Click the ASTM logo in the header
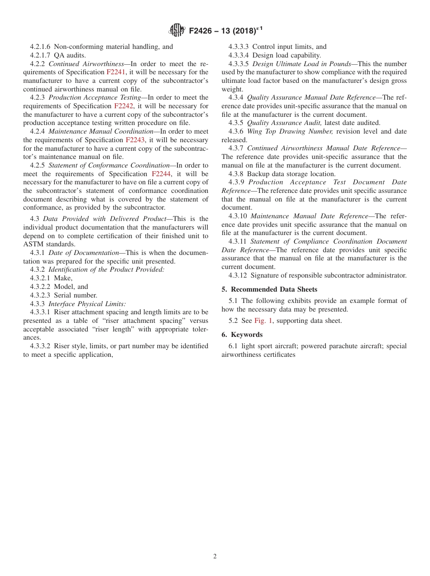[x=177, y=30]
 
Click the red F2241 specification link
[x=116, y=72]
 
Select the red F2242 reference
[x=124, y=106]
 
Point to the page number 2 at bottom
[x=215, y=557]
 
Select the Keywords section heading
[x=247, y=335]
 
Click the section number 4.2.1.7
[x=40, y=55]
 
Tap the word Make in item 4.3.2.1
[x=62, y=278]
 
